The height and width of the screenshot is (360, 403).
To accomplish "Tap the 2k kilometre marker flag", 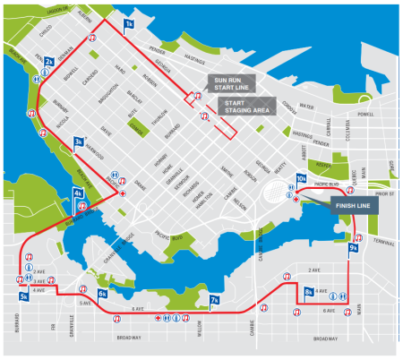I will tap(50, 61).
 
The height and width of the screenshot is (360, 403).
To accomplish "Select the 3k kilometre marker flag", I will tap(79, 141).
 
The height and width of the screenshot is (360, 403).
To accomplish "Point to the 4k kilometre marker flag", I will tap(78, 193).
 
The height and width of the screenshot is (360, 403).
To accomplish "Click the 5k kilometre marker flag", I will tap(22, 297).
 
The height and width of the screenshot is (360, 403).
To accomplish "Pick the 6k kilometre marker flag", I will tap(103, 293).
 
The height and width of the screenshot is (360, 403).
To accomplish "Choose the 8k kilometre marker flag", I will tap(308, 291).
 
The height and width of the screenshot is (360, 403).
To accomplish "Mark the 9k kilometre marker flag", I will tap(354, 248).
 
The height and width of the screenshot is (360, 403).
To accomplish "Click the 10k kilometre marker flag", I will tap(301, 180).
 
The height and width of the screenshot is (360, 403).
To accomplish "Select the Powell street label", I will tap(364, 116).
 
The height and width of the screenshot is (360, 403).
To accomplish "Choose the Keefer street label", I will tap(322, 165).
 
